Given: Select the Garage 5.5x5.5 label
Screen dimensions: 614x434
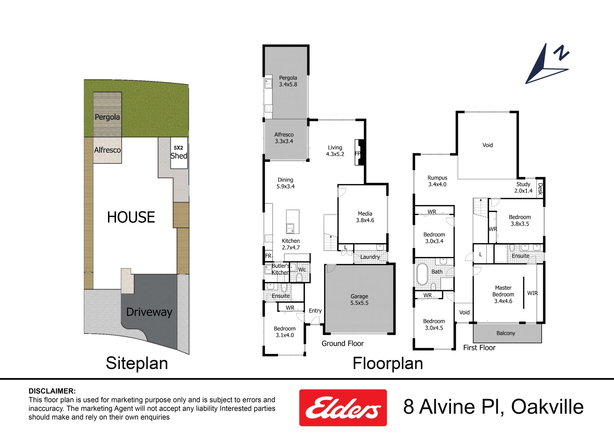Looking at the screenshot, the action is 359,299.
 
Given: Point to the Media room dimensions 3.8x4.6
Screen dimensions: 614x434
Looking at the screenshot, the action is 365,220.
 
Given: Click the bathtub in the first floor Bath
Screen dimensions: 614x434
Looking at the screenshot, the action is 423,274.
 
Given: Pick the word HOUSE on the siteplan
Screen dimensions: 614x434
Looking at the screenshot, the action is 131,217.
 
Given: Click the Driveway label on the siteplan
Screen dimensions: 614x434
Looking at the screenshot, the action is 149,312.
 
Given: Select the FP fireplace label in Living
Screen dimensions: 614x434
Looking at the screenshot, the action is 357,153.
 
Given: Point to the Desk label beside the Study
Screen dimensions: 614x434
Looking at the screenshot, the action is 540,189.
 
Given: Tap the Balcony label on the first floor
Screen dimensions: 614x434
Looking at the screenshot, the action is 506,333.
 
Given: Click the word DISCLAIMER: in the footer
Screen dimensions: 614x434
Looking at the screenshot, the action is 52,391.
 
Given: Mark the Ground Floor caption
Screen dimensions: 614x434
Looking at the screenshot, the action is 343,344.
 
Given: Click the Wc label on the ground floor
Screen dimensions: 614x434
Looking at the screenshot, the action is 302,270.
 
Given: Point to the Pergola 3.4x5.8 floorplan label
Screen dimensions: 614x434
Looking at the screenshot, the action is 288,81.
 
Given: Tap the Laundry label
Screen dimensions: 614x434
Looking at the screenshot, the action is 370,257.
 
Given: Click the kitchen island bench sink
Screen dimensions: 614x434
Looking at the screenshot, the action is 290,229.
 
